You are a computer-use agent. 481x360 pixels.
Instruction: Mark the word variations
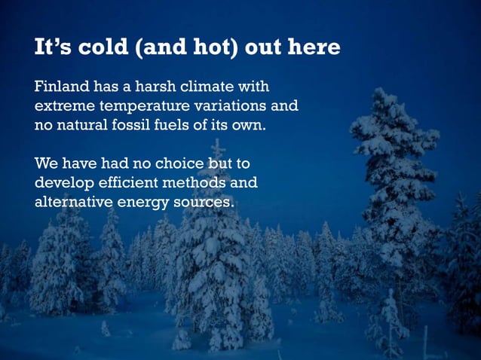click(236, 105)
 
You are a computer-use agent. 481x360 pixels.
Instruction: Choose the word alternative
click(75, 202)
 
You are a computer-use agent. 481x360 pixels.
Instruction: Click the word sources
click(204, 202)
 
